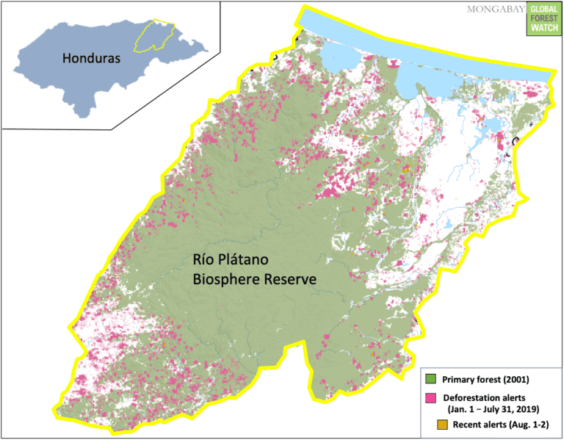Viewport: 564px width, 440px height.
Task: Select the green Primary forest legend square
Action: coord(431,379)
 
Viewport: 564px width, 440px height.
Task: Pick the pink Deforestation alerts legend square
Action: coord(431,397)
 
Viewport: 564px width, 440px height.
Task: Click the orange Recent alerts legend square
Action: coord(431,424)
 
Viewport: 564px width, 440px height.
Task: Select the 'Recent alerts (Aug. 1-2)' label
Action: coord(499,425)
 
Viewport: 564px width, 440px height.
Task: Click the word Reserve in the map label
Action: coord(290,279)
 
